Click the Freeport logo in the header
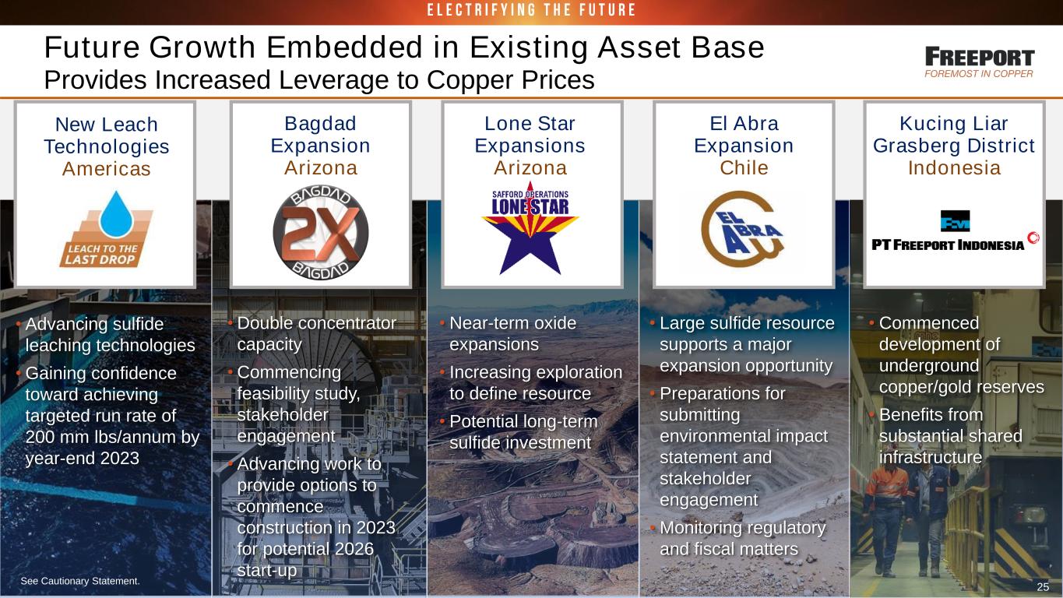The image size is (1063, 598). click(x=980, y=62)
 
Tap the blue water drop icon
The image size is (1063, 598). click(x=116, y=214)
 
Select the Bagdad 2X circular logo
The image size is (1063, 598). click(x=321, y=232)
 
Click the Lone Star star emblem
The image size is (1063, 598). click(x=530, y=229)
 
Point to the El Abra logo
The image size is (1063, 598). click(x=743, y=229)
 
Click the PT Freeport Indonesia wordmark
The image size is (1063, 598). click(x=948, y=245)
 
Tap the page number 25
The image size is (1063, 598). click(x=1043, y=586)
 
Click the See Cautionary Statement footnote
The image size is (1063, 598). click(x=80, y=581)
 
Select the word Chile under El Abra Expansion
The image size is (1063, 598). click(x=744, y=167)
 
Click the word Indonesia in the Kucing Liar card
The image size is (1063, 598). click(x=954, y=167)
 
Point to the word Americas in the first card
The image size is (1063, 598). click(x=106, y=168)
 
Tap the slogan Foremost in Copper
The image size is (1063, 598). click(x=979, y=73)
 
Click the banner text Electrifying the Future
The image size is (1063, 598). click(x=531, y=10)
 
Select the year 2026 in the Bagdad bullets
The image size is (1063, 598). click(x=354, y=549)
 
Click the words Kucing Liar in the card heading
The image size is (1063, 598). click(x=954, y=123)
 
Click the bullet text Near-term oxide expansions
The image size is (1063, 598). click(x=512, y=333)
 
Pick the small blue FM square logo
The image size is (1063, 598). click(x=956, y=220)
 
